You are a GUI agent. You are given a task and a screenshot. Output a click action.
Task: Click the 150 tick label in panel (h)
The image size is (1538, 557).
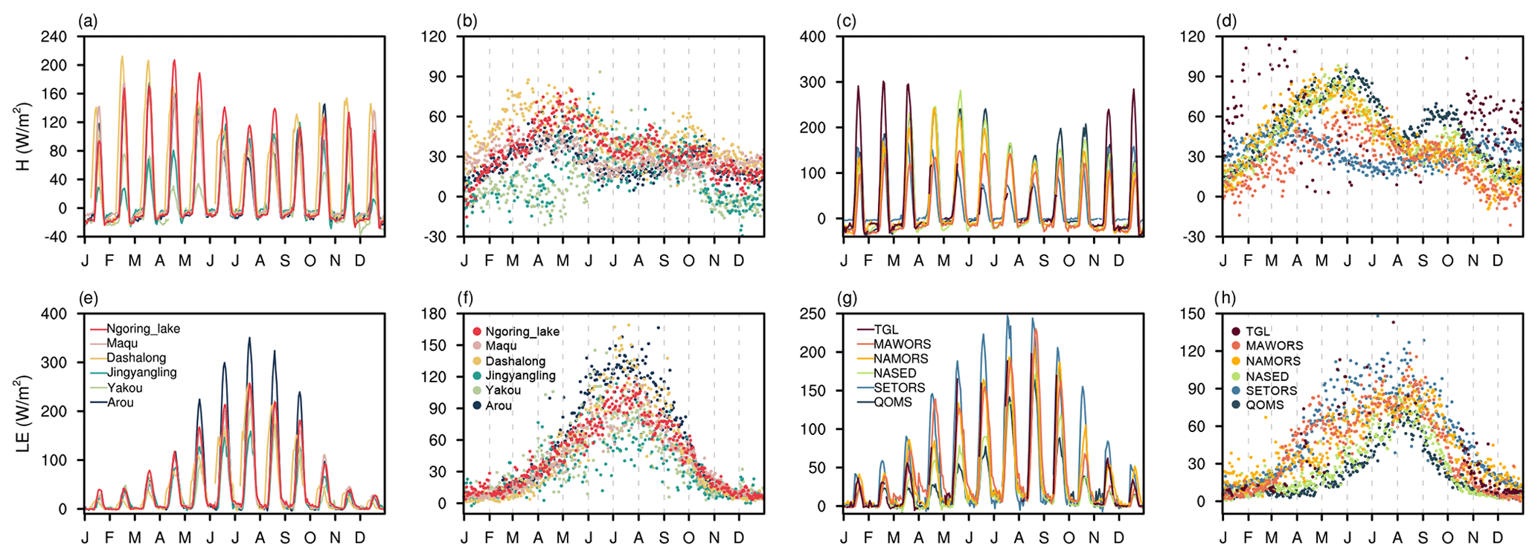tap(1192, 314)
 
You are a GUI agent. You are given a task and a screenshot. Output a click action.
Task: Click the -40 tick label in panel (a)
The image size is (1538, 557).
tap(56, 236)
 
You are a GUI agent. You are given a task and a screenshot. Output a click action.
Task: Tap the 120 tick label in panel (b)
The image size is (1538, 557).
tap(433, 36)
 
